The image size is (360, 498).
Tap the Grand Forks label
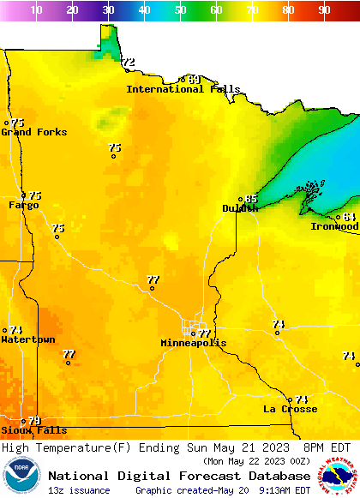point(27,132)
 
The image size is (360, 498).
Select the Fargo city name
point(23,206)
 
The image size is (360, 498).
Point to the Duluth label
point(240,208)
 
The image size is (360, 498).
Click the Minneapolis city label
point(194,343)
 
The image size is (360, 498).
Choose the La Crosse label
point(290,409)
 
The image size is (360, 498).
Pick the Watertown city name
point(27,340)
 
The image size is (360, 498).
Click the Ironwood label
point(334,226)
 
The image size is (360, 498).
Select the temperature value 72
point(129,63)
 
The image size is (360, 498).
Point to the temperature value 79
point(34,421)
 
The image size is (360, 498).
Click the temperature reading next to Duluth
point(251,199)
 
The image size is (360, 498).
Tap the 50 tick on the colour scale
point(180,10)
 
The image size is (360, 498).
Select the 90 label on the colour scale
point(324,10)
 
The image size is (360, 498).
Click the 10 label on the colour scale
point(36,10)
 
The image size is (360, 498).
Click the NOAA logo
point(21,477)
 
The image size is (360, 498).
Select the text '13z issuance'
point(79,490)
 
